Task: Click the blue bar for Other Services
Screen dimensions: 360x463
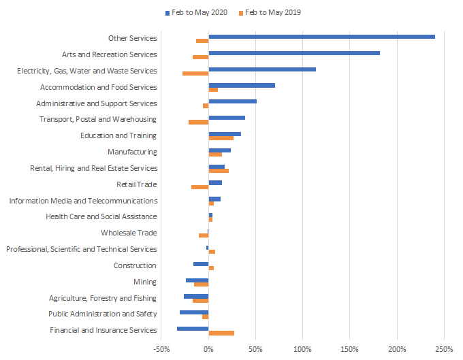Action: click(x=321, y=36)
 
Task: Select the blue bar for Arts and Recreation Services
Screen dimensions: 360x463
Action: click(x=294, y=52)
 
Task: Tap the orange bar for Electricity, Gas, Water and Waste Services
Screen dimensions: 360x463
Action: click(x=195, y=73)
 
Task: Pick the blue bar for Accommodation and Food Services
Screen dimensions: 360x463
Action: click(x=242, y=85)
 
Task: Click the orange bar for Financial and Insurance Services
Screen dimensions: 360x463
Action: click(x=221, y=333)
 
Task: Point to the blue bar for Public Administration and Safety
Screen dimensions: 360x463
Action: click(x=194, y=312)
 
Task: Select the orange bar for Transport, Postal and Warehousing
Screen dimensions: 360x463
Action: click(x=198, y=122)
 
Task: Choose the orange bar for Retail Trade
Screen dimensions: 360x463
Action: click(x=199, y=186)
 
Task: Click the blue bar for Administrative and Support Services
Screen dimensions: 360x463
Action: click(x=232, y=101)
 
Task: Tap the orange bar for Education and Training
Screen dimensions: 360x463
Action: click(x=221, y=138)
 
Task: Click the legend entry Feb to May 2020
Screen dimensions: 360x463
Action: click(x=197, y=12)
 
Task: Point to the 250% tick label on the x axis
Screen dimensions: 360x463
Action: click(x=444, y=349)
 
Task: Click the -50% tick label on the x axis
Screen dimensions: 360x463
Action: click(x=161, y=349)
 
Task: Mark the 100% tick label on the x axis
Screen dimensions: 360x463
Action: click(x=302, y=349)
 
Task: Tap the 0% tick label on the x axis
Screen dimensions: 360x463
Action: click(x=208, y=349)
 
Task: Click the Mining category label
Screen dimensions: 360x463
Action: click(x=145, y=282)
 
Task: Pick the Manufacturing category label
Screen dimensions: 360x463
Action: click(x=132, y=152)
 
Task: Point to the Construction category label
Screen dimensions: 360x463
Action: click(x=135, y=265)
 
